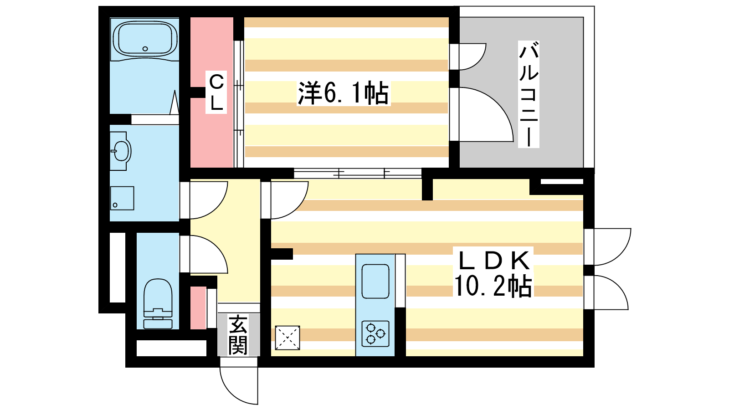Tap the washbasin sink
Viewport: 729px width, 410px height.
pos(121,151)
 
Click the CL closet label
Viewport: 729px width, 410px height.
pos(216,92)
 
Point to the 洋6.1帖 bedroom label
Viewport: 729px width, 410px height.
pos(343,93)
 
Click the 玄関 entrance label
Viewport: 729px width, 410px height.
pos(238,335)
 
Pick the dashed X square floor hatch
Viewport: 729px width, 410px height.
pos(287,338)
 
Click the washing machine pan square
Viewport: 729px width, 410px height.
pos(122,198)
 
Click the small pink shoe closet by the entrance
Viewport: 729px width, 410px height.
pos(198,308)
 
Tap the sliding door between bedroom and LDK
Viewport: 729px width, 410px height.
pos(358,173)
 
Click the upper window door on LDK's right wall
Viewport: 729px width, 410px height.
pos(608,246)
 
